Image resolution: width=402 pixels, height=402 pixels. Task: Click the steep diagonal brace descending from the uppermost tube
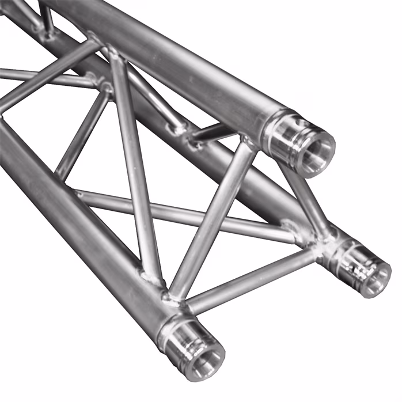click(135, 167)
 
